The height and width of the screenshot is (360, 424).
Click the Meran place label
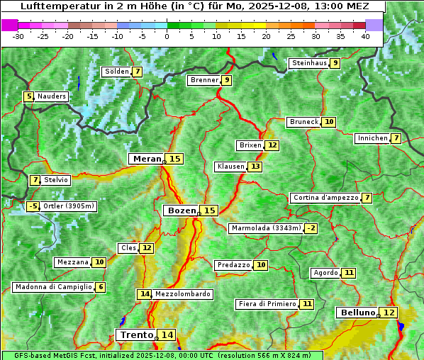pyautogui.click(x=147, y=159)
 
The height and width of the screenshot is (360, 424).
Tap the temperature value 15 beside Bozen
pyautogui.click(x=209, y=210)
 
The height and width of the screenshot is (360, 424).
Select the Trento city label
pyautogui.click(x=136, y=334)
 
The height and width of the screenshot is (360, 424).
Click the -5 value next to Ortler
pyautogui.click(x=33, y=206)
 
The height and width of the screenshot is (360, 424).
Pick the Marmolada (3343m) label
pyautogui.click(x=266, y=228)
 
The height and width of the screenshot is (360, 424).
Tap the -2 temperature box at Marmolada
pyautogui.click(x=311, y=228)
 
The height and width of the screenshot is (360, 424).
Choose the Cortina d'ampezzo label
pyautogui.click(x=325, y=198)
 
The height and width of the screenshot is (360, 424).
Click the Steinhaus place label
pyautogui.click(x=308, y=63)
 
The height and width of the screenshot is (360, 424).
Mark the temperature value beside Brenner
pyautogui.click(x=226, y=80)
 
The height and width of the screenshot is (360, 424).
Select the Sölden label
pyautogui.click(x=116, y=72)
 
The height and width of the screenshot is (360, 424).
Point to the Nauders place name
pyautogui.click(x=51, y=96)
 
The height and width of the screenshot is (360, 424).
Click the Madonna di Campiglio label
pyautogui.click(x=53, y=287)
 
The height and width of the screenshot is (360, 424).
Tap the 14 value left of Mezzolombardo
pyautogui.click(x=144, y=293)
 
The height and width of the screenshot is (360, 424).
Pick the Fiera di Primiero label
pyautogui.click(x=267, y=304)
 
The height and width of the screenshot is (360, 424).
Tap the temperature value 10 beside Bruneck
pyautogui.click(x=329, y=122)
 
